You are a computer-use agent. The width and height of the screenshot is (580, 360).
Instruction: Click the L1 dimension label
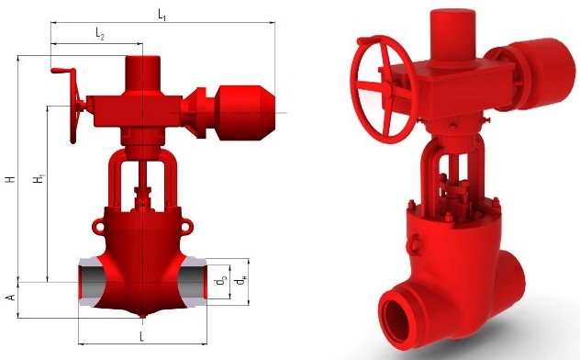pos(162,15)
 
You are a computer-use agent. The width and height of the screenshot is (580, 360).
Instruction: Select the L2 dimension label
pos(100,34)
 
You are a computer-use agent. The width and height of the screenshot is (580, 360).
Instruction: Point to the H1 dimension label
pos(39,178)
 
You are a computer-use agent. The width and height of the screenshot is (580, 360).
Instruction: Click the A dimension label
pos(11,298)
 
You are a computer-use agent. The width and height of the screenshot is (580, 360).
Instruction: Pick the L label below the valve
pos(141,336)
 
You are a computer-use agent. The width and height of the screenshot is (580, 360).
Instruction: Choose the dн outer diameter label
pos(240,281)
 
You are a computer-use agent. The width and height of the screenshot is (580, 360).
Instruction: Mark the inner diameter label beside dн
pos(220,281)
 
